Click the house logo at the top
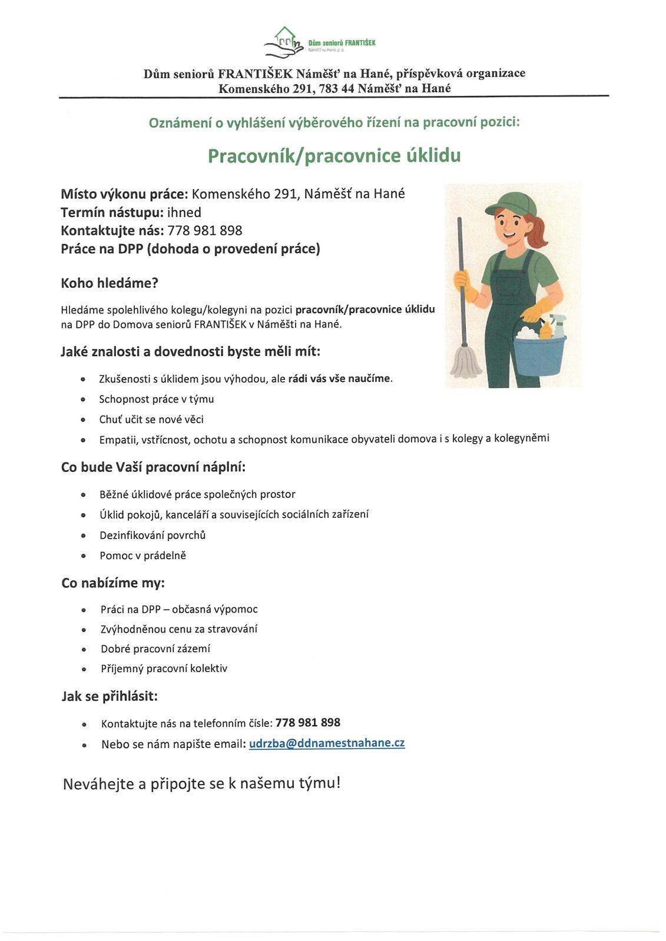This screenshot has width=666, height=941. (284, 41)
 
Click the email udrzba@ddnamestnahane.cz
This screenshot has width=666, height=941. (327, 743)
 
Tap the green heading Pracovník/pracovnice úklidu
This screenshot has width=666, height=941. (334, 155)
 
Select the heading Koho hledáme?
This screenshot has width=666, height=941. (110, 283)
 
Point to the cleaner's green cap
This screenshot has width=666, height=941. (511, 203)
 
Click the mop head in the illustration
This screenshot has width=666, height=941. (466, 362)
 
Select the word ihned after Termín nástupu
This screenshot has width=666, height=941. (184, 212)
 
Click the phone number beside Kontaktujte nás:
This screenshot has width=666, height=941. (205, 231)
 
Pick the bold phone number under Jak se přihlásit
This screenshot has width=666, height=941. (308, 723)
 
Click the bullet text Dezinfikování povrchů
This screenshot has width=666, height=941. (153, 536)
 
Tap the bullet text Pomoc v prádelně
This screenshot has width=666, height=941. (143, 556)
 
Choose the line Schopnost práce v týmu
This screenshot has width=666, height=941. (156, 400)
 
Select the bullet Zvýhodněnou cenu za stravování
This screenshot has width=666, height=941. (179, 629)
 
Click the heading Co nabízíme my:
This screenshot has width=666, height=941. (113, 583)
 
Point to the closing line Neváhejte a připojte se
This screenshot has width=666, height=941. (201, 784)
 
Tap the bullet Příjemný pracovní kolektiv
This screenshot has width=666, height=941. (164, 669)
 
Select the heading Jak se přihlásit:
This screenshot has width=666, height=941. (110, 696)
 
